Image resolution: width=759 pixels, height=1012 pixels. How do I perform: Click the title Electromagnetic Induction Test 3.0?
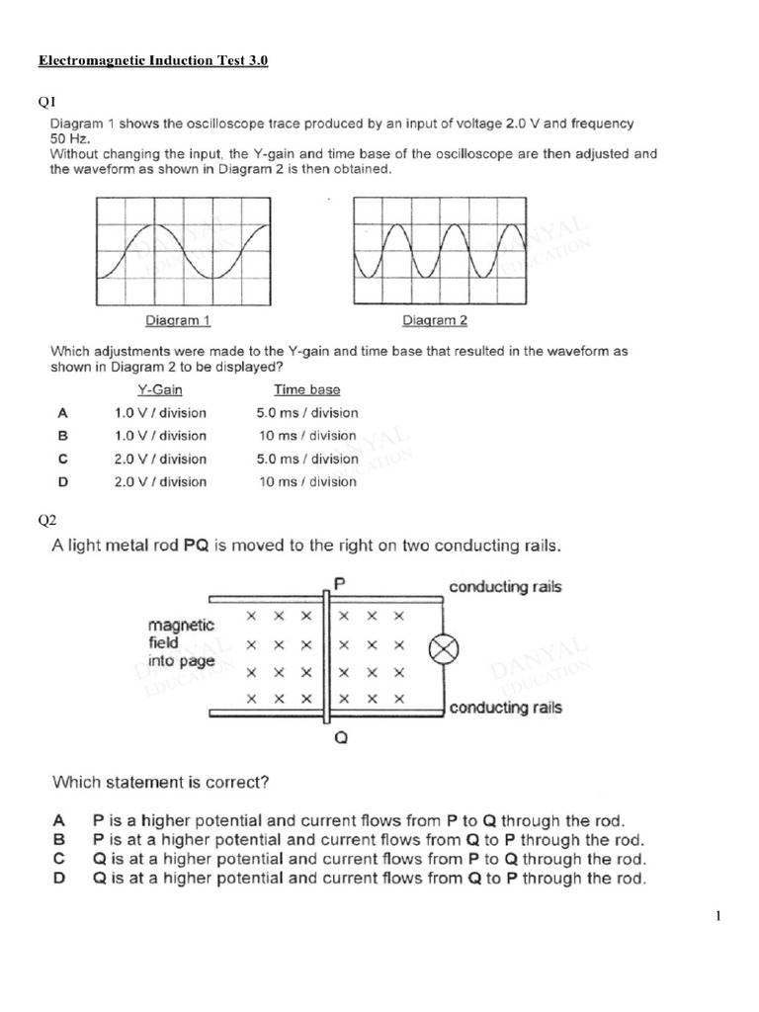[153, 61]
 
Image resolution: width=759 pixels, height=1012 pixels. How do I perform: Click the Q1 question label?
[47, 100]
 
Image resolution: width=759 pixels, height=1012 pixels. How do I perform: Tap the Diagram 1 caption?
[178, 320]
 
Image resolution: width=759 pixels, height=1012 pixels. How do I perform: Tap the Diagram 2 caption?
[435, 320]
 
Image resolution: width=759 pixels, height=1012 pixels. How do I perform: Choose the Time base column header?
[306, 390]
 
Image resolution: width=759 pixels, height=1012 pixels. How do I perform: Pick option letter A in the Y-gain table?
[62, 413]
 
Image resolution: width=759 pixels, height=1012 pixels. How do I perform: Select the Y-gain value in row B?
[161, 436]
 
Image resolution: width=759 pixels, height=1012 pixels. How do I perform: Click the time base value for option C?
[307, 459]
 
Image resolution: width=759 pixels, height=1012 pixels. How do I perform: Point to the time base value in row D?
[306, 481]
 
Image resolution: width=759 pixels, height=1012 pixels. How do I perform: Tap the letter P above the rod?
[339, 584]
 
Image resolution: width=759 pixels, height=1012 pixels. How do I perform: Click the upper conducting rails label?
[505, 587]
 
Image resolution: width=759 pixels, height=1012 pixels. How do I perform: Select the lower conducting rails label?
[505, 708]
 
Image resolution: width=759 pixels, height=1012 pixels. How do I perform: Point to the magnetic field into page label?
[180, 642]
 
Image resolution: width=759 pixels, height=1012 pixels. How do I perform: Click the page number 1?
[717, 916]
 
